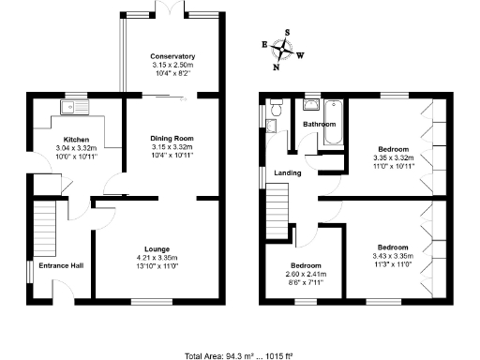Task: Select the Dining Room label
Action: [172, 139]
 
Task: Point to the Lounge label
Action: [157, 248]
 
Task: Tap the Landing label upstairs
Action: [288, 172]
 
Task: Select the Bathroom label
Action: [320, 125]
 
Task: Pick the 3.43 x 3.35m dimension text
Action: [394, 256]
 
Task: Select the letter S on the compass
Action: [287, 31]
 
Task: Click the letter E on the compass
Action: [263, 44]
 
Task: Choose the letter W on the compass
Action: [300, 54]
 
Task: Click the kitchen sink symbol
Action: [71, 108]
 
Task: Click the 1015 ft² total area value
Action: [278, 355]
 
